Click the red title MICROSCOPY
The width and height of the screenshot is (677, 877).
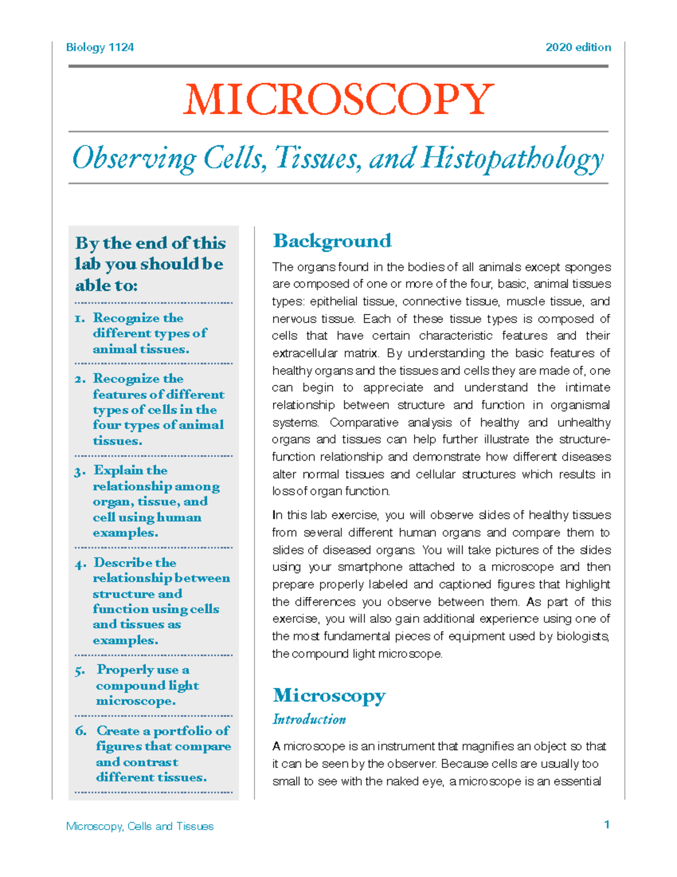click(x=338, y=99)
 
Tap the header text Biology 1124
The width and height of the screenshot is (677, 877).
click(x=100, y=47)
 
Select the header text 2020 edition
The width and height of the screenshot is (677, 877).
click(x=578, y=47)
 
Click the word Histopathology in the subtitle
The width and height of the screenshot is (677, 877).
click(x=512, y=159)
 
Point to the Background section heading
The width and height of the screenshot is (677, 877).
click(x=332, y=241)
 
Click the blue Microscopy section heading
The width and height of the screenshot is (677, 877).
click(x=329, y=695)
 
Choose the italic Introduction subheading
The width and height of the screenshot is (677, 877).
click(x=309, y=719)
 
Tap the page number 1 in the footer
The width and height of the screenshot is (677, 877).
click(x=606, y=824)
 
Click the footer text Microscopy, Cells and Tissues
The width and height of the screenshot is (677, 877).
click(x=140, y=826)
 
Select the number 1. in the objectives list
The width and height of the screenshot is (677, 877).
click(x=80, y=318)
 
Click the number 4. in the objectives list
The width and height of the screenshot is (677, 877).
click(x=80, y=564)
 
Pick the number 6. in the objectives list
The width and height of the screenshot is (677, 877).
click(x=81, y=731)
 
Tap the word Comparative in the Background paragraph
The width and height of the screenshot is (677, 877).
click(x=364, y=422)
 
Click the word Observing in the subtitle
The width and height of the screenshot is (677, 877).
click(x=134, y=159)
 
